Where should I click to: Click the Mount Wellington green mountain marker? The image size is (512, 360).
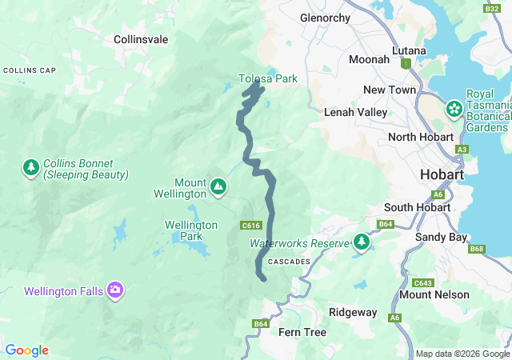point(218,187)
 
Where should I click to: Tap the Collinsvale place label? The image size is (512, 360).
point(140,38)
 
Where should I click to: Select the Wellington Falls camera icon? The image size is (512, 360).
point(115,290)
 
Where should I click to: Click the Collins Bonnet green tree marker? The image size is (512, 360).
point(30,168)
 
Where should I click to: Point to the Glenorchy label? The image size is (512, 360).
point(326,17)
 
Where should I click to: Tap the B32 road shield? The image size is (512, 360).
point(491,9)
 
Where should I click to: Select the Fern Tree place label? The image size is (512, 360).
point(302,332)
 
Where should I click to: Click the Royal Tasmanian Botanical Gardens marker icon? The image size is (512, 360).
point(454,108)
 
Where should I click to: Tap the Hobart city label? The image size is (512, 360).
point(442,174)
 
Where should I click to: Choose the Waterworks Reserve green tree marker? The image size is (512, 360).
point(362,241)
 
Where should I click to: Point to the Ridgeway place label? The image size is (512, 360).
point(353,312)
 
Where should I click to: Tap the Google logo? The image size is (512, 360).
point(26,350)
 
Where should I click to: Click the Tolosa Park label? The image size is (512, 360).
point(268,78)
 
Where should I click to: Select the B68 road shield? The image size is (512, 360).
point(478,249)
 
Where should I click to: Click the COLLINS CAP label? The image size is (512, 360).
point(29,70)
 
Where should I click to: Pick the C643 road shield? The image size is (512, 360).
point(422,282)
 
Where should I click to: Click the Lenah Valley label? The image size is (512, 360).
point(355,113)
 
